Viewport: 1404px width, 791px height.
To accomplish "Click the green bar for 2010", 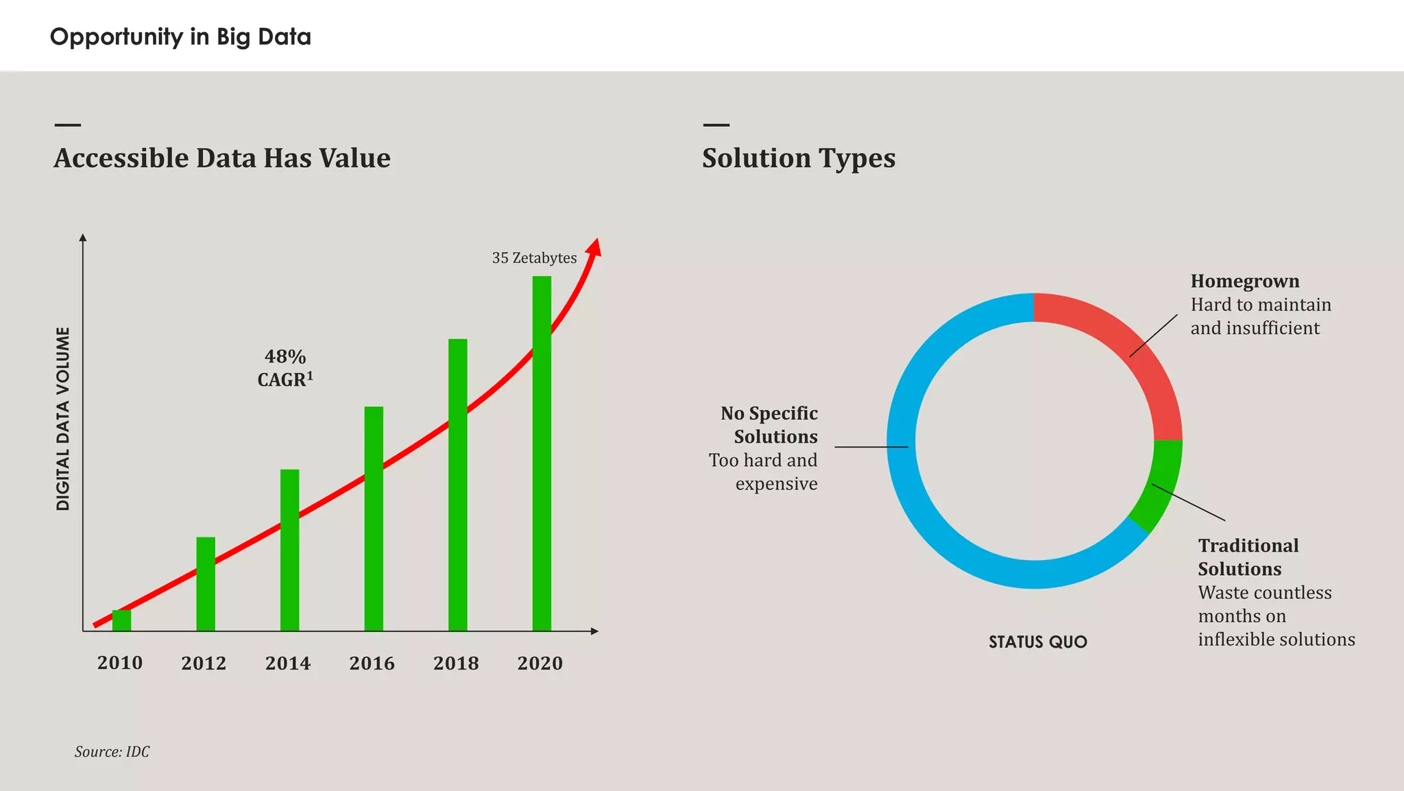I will [x=121, y=620].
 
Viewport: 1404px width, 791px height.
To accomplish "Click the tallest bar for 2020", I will [x=542, y=452].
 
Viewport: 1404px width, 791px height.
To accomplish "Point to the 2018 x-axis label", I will [x=456, y=663].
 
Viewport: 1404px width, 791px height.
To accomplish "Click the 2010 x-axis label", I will [x=120, y=663].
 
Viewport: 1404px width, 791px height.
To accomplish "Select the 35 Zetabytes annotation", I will [x=534, y=258].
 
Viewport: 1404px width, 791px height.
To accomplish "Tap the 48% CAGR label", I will [x=285, y=368].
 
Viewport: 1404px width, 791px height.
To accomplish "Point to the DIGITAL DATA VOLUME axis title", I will [x=63, y=419].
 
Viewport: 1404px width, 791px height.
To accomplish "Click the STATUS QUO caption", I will [x=1037, y=642].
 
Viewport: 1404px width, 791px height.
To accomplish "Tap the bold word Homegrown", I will [x=1244, y=281].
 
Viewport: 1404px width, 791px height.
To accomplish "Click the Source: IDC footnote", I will [x=112, y=752].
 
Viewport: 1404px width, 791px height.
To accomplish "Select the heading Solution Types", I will [x=799, y=158].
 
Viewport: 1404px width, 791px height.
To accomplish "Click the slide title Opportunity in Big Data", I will [x=180, y=36].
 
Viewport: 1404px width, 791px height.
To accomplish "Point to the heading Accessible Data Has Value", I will [x=222, y=158].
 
